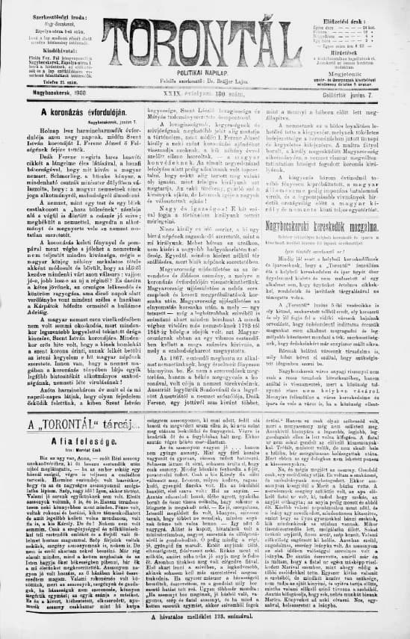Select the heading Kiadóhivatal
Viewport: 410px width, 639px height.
51,51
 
